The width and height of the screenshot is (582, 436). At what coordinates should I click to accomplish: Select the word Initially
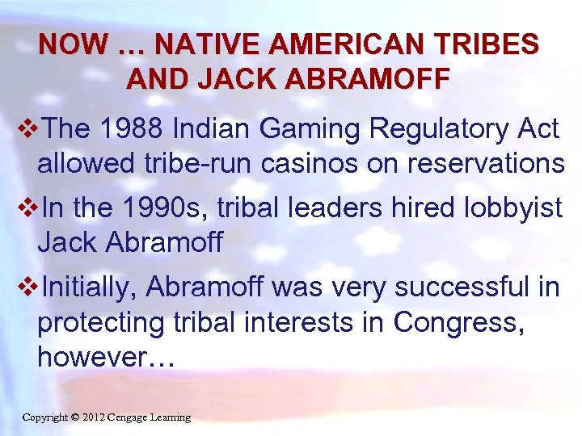click(x=89, y=287)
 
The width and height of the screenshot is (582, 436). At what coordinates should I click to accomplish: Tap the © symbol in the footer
click(x=74, y=417)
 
